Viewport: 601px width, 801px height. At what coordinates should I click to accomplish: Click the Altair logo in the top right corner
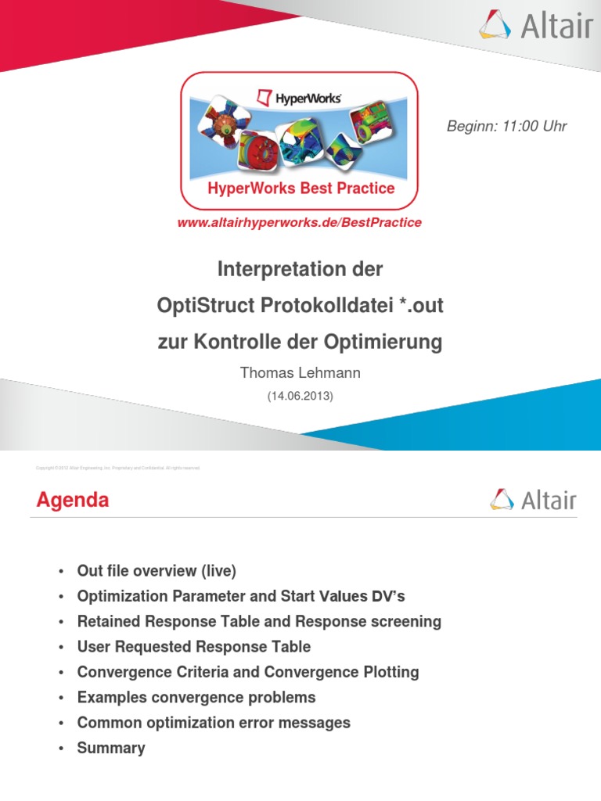click(535, 25)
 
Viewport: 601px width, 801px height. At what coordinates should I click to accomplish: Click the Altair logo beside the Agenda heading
click(533, 499)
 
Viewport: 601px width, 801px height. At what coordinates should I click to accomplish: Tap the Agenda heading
click(73, 501)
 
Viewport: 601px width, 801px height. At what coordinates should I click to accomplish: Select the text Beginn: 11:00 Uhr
click(506, 127)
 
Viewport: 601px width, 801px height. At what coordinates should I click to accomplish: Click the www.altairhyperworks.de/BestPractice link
click(300, 223)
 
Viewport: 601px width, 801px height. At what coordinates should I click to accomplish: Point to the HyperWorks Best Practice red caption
click(300, 189)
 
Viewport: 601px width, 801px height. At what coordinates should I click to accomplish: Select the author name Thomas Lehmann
click(300, 373)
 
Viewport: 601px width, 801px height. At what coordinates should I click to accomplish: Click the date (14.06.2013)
click(300, 397)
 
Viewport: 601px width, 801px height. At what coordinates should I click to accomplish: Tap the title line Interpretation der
click(300, 271)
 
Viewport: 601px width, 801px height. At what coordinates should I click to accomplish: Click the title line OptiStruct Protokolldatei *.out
click(300, 306)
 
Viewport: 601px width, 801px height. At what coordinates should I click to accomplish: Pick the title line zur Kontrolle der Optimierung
click(300, 342)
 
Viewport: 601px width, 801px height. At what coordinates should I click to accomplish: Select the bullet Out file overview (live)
click(157, 571)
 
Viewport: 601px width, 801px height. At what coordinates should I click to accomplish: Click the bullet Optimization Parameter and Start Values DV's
click(241, 596)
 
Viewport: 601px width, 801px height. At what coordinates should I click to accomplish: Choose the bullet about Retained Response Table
click(259, 622)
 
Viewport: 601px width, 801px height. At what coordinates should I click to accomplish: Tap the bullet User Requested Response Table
click(193, 647)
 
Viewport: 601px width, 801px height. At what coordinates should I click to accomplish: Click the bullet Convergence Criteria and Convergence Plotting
click(248, 672)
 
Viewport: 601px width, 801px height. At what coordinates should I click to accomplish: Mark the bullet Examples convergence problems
click(196, 697)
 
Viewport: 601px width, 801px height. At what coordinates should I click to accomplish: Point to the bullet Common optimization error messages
click(214, 723)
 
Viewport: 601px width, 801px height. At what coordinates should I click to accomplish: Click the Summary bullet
click(111, 748)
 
